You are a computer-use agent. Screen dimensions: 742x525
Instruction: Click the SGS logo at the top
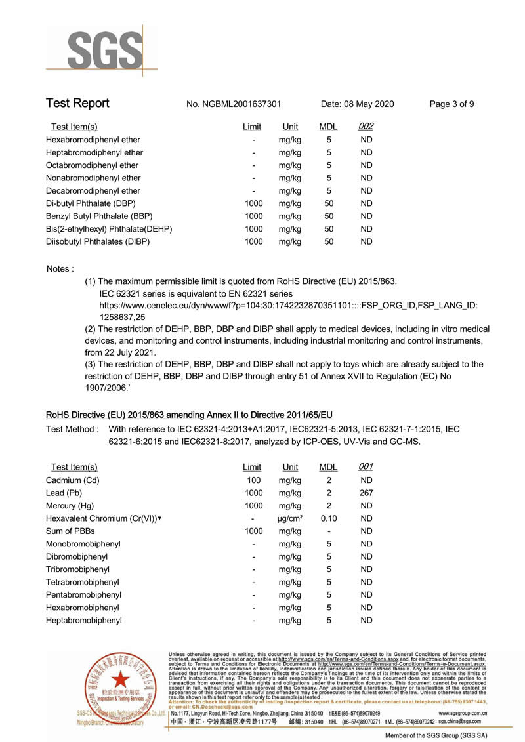point(103,47)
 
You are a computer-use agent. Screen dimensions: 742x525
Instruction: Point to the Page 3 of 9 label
point(451,104)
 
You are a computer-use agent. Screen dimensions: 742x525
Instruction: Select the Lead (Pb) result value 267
point(366,493)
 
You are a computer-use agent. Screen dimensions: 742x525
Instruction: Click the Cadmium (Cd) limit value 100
point(253,480)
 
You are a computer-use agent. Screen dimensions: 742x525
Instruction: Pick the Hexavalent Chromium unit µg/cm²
point(290,519)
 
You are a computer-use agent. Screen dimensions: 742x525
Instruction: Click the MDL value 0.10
point(329,519)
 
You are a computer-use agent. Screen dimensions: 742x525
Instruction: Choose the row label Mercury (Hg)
point(70,506)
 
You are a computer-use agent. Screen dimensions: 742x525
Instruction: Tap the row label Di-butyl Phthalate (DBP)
point(91,203)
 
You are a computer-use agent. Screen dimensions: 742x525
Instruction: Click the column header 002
point(366,127)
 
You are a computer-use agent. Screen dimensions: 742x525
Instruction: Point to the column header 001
point(366,467)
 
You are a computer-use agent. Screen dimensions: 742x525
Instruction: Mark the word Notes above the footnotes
point(60,269)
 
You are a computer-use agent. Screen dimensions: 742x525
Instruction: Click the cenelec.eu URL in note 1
point(288,306)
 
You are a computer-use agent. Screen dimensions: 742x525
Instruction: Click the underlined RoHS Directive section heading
point(189,415)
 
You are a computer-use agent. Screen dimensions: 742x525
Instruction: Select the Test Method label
point(72,430)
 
